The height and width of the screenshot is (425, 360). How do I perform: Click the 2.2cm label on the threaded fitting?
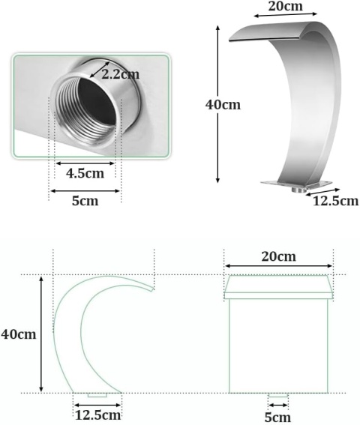tap(121, 74)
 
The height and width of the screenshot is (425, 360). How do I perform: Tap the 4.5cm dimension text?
tap(85, 173)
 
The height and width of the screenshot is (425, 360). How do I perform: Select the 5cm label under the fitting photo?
tap(85, 201)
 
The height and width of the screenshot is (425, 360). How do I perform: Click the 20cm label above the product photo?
tap(286, 6)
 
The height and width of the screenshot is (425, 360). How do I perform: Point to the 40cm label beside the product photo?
tap(223, 105)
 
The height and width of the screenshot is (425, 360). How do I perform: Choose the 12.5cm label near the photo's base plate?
tap(335, 201)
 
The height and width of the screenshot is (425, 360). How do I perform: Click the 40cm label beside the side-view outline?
tap(19, 334)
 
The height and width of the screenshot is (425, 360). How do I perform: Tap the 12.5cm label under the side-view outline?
tap(97, 415)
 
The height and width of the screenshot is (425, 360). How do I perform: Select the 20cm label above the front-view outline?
tap(278, 256)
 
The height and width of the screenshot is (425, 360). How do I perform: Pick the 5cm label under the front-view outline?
tap(277, 418)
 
